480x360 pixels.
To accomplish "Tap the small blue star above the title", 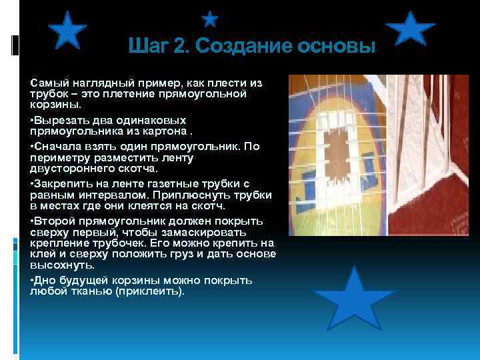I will pyautogui.click(x=210, y=19).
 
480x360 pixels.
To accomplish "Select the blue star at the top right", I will pyautogui.click(x=411, y=31).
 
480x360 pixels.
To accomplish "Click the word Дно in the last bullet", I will pyautogui.click(x=43, y=281).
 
